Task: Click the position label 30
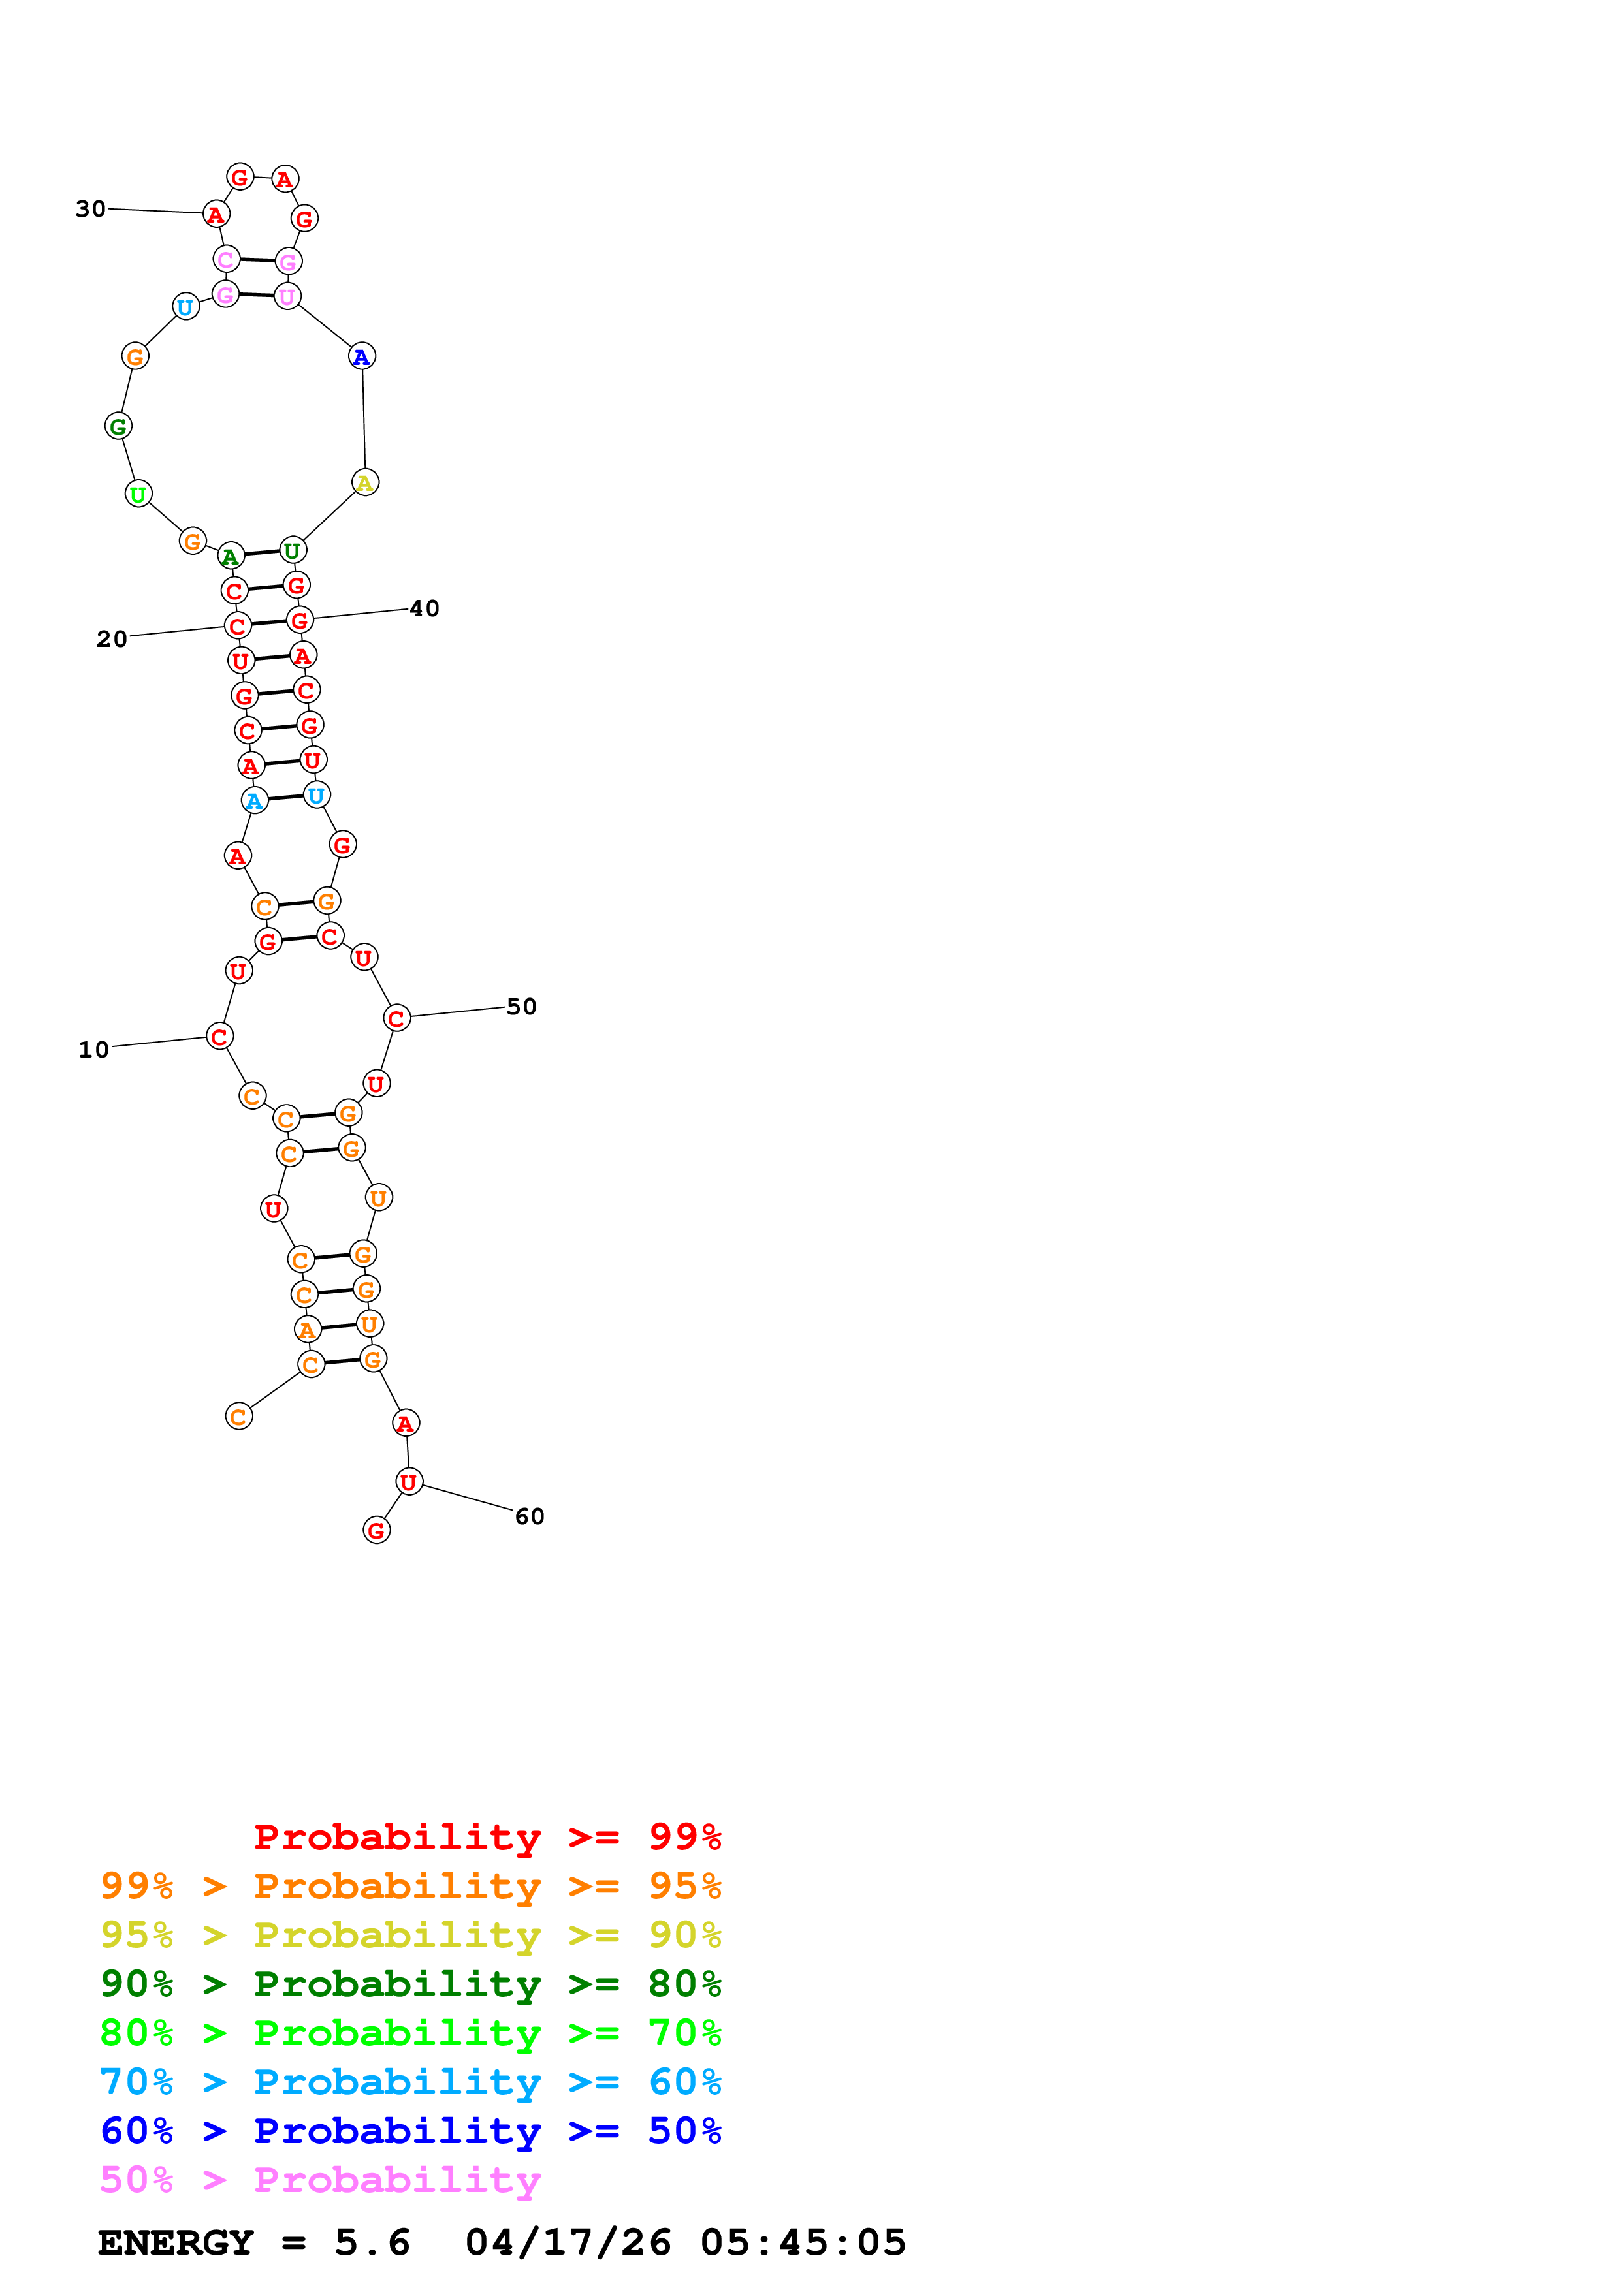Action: [91, 208]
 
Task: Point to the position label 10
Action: [94, 1049]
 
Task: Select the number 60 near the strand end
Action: [530, 1516]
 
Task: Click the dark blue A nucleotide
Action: [362, 356]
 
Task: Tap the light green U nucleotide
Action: [138, 494]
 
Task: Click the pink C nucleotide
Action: [227, 259]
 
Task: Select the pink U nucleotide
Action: [287, 296]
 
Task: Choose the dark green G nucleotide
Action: [118, 426]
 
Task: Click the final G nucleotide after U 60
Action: [376, 1530]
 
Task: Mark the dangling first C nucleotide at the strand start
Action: [238, 1417]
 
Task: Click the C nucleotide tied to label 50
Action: [396, 1018]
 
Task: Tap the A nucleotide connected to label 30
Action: [216, 214]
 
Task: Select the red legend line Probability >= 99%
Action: [487, 1837]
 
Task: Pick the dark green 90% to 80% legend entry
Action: [410, 1984]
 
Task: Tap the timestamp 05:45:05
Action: [803, 2242]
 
